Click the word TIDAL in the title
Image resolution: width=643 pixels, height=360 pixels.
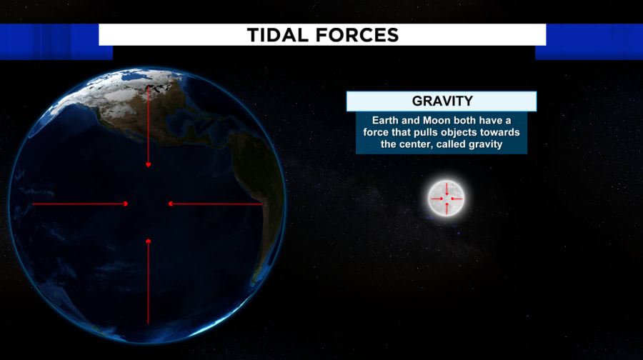tap(278, 35)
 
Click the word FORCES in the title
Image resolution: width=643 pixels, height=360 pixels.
tap(357, 35)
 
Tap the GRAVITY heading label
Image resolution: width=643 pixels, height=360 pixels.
tap(442, 101)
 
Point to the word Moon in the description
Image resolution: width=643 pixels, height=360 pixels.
tap(437, 121)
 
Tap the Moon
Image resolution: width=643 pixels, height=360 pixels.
tap(446, 199)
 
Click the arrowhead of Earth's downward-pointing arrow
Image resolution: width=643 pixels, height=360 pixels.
tap(149, 165)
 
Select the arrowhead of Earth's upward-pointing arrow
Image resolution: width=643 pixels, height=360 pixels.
tap(149, 241)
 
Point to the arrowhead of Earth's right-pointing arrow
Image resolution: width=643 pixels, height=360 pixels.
tap(126, 204)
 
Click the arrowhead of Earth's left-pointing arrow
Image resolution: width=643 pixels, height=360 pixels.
tap(171, 204)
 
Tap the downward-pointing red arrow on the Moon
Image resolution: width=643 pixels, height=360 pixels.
tap(447, 189)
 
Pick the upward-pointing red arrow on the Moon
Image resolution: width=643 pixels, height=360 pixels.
tap(447, 208)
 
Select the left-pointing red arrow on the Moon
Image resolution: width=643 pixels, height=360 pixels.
tap(457, 199)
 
